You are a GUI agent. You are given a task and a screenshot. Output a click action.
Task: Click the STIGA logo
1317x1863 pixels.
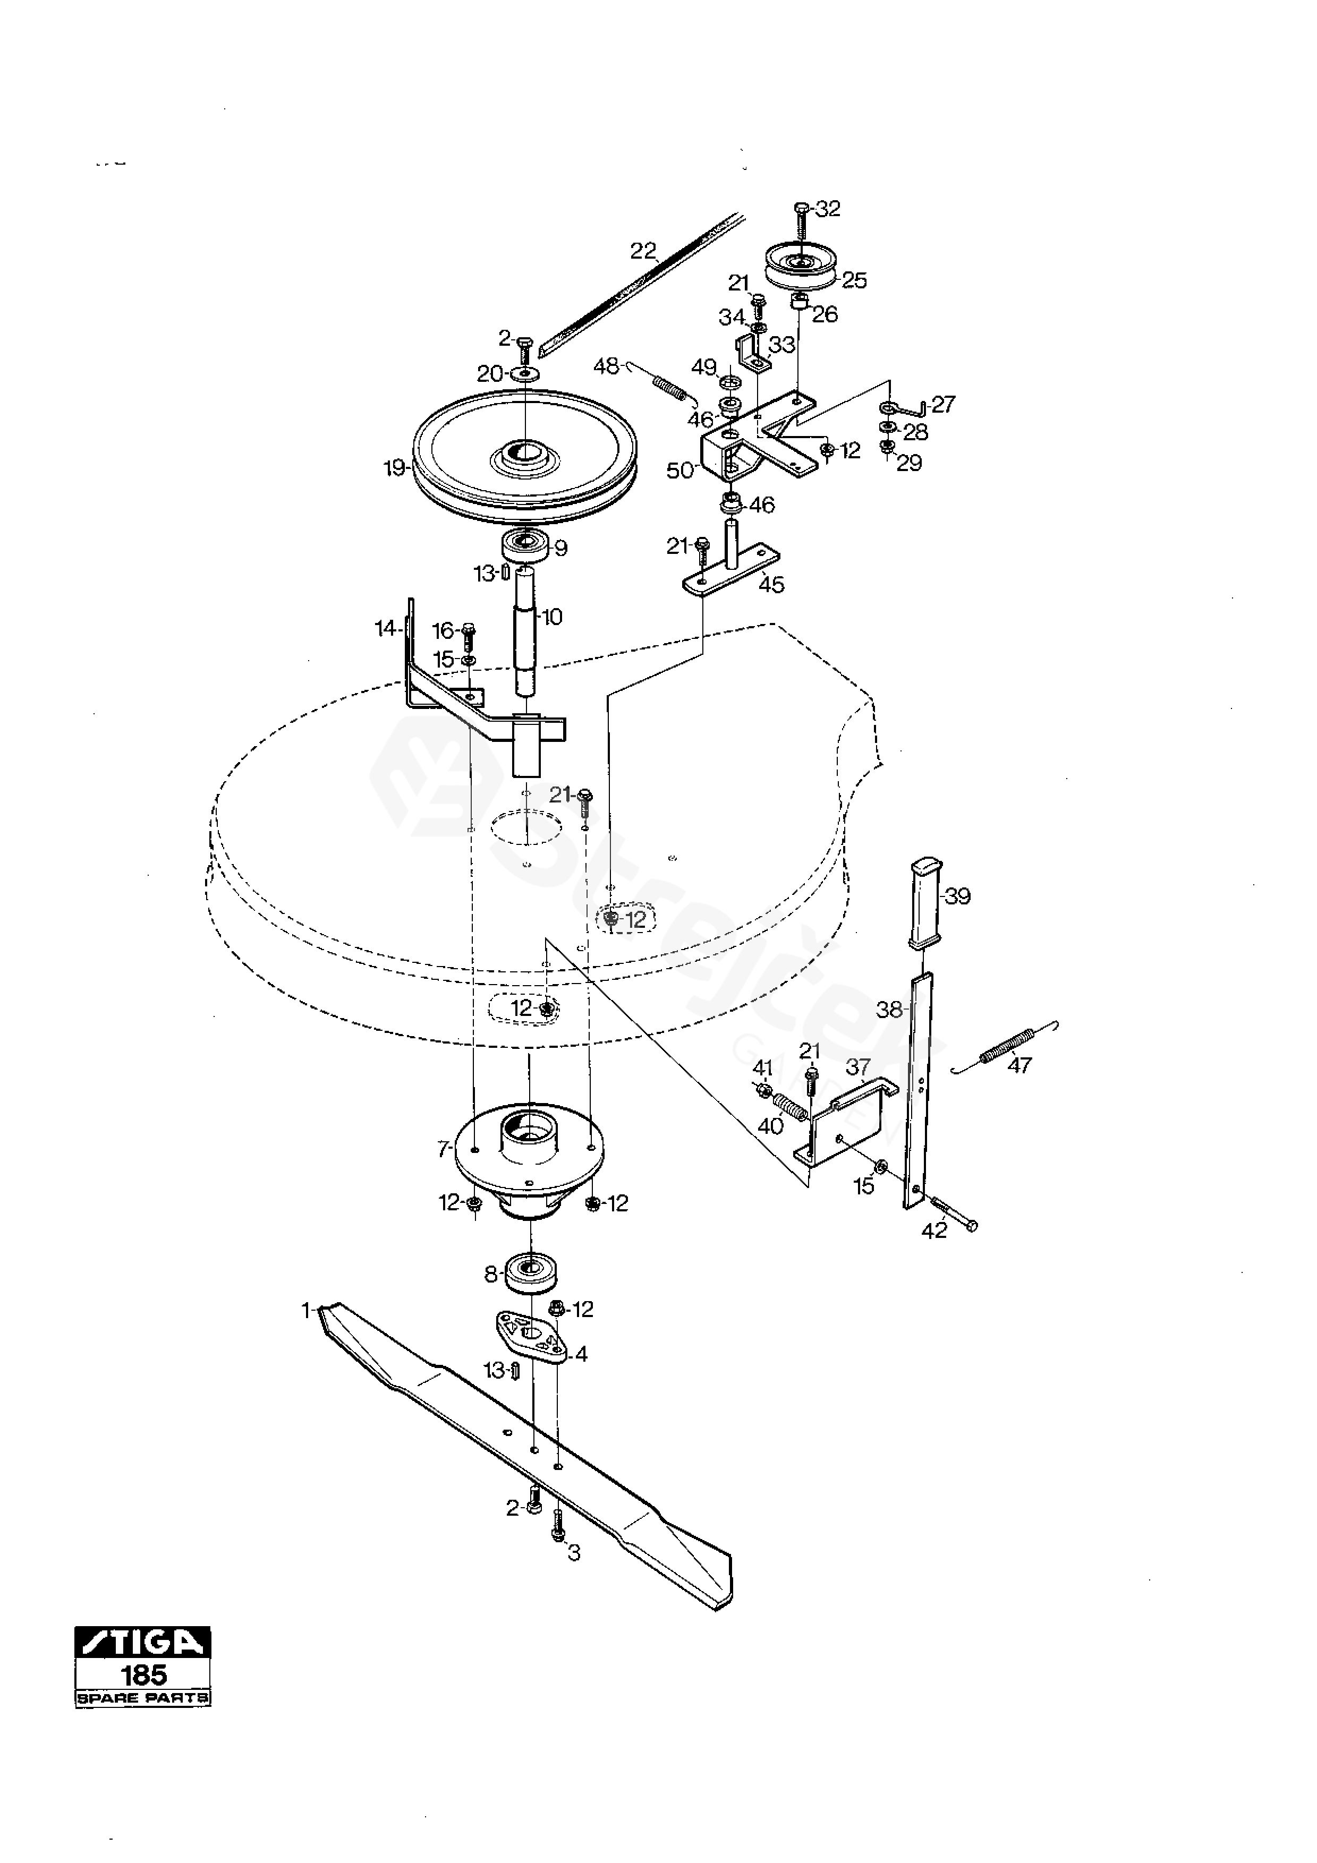pyautogui.click(x=143, y=1642)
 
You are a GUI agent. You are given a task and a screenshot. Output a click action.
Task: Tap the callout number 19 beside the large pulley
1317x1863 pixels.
pyautogui.click(x=394, y=469)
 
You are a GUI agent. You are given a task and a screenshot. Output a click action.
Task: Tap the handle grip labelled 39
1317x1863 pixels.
pyautogui.click(x=925, y=902)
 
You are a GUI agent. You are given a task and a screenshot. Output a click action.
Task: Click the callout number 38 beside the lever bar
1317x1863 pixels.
pyautogui.click(x=889, y=1010)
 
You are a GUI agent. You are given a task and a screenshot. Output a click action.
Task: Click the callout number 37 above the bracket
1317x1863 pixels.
pyautogui.click(x=859, y=1066)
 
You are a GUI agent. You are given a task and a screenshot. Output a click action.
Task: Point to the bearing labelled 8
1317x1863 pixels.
pyautogui.click(x=531, y=1272)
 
